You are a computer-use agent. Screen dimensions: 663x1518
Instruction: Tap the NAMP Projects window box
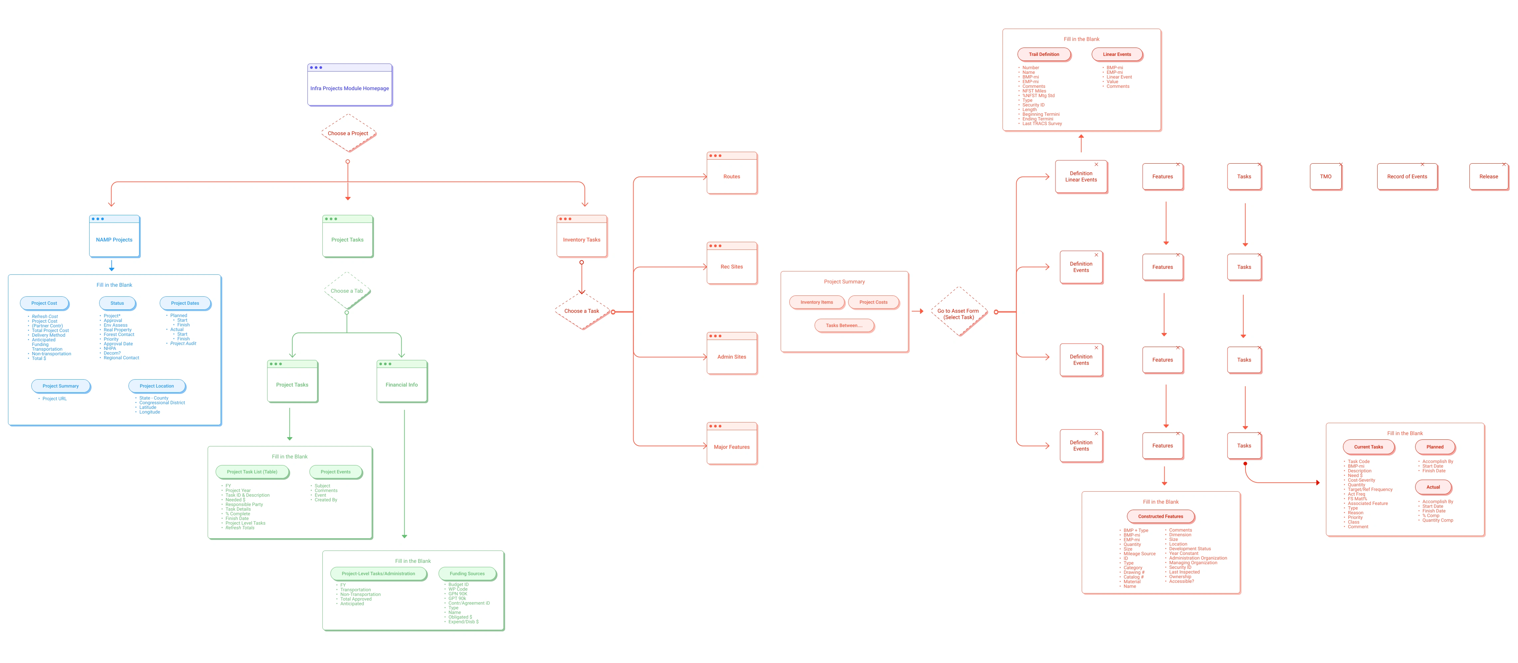[x=114, y=237]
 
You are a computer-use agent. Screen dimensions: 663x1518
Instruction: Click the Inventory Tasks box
[x=582, y=237]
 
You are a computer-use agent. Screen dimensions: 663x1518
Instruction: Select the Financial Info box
[x=402, y=382]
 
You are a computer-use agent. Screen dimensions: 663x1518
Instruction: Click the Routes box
[x=732, y=174]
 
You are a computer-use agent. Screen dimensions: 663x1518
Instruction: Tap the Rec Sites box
[x=732, y=264]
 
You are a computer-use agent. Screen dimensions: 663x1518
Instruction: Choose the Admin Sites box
[x=732, y=354]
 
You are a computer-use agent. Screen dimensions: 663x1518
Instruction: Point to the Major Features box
[x=732, y=444]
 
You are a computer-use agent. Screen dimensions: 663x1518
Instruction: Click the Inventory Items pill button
[x=817, y=302]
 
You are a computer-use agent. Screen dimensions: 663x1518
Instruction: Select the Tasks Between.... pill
[x=844, y=325]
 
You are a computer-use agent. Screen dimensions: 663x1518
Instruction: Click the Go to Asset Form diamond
[x=958, y=312]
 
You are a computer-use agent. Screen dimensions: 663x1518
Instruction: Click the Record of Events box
[x=1407, y=177]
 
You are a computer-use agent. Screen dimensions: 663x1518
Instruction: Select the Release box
[x=1488, y=177]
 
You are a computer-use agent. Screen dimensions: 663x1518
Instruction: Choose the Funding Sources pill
[x=467, y=574]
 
